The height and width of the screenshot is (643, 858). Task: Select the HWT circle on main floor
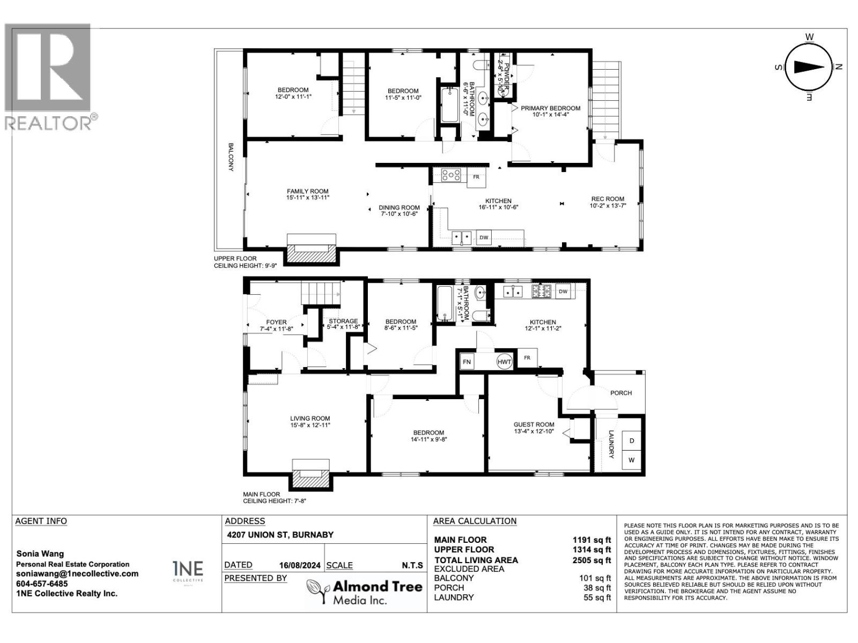pyautogui.click(x=504, y=362)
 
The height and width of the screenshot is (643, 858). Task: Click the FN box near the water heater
pyautogui.click(x=467, y=362)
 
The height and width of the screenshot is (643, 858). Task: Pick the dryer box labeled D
pyautogui.click(x=631, y=440)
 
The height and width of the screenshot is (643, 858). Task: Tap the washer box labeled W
pyautogui.click(x=631, y=460)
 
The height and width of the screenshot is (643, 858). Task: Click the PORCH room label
pyautogui.click(x=621, y=393)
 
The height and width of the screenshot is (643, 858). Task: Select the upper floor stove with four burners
pyautogui.click(x=451, y=175)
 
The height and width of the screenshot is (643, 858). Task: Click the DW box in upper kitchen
pyautogui.click(x=484, y=237)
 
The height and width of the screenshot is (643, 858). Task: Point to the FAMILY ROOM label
pyautogui.click(x=307, y=191)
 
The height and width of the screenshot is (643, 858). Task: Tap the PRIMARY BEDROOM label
pyautogui.click(x=550, y=108)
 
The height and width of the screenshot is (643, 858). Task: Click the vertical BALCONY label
pyautogui.click(x=231, y=157)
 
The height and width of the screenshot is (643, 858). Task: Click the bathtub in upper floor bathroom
pyautogui.click(x=449, y=106)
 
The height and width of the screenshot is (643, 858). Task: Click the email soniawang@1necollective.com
pyautogui.click(x=77, y=573)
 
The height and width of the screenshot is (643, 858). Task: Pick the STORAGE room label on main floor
pyautogui.click(x=343, y=322)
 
